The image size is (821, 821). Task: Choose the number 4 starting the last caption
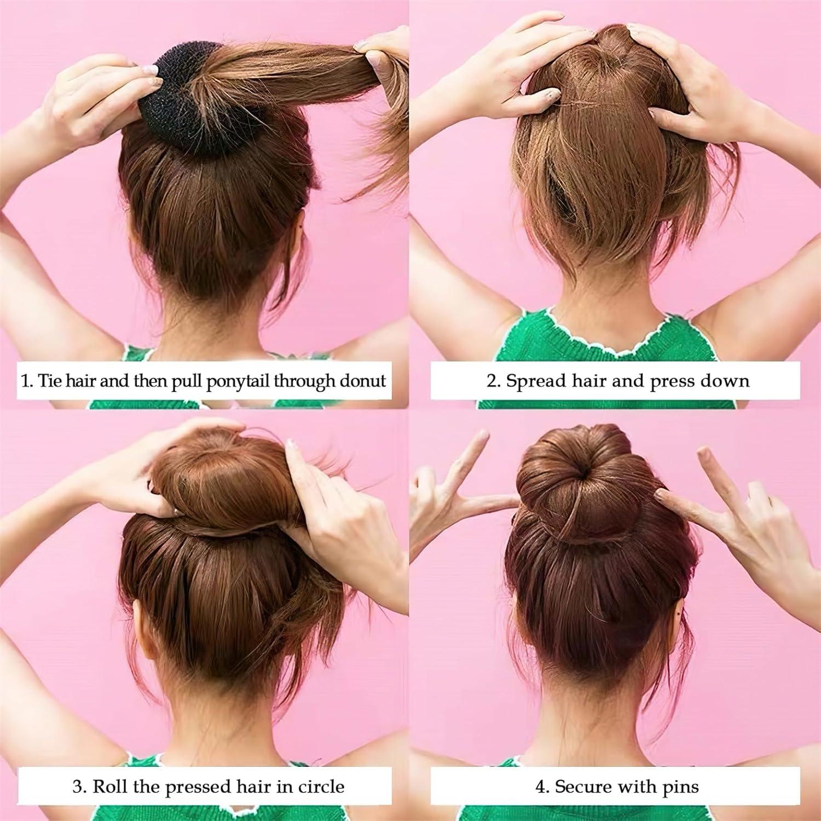540,787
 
